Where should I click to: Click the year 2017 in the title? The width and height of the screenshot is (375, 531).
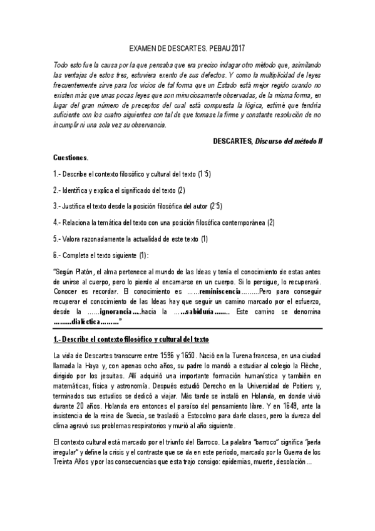(x=237, y=48)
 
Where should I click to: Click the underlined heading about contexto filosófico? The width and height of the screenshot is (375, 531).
(x=131, y=339)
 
